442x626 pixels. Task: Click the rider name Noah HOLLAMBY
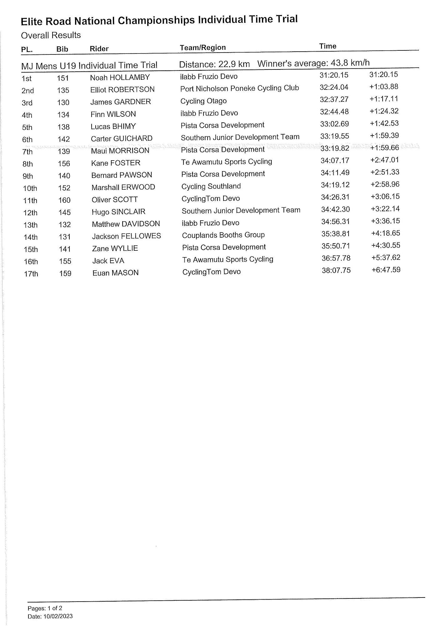(120, 77)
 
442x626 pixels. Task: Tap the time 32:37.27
(334, 99)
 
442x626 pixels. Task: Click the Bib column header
(62, 49)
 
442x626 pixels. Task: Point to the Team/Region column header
(203, 48)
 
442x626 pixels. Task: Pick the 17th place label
(31, 274)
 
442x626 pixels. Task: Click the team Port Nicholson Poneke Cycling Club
(239, 88)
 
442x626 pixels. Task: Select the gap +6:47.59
(386, 270)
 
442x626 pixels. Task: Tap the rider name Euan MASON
(115, 273)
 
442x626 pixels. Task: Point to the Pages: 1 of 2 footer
(45, 608)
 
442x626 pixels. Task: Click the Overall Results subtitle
(51, 35)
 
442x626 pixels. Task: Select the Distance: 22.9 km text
(214, 64)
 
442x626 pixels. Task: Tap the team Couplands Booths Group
(223, 235)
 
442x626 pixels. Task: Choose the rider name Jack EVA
(108, 261)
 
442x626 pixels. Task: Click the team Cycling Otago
(203, 101)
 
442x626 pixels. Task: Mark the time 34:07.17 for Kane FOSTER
(335, 161)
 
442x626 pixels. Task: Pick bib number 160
(64, 200)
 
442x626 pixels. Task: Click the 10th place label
(30, 188)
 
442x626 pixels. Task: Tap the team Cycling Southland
(211, 186)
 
